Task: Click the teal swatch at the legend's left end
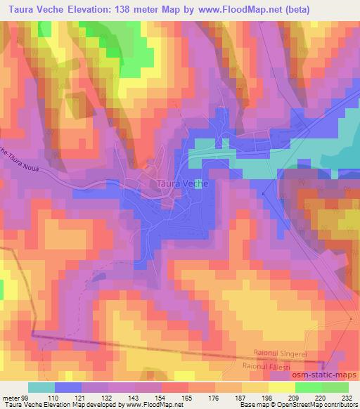point(41,387)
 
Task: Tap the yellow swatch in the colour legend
point(281,387)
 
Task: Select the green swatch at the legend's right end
point(335,387)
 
